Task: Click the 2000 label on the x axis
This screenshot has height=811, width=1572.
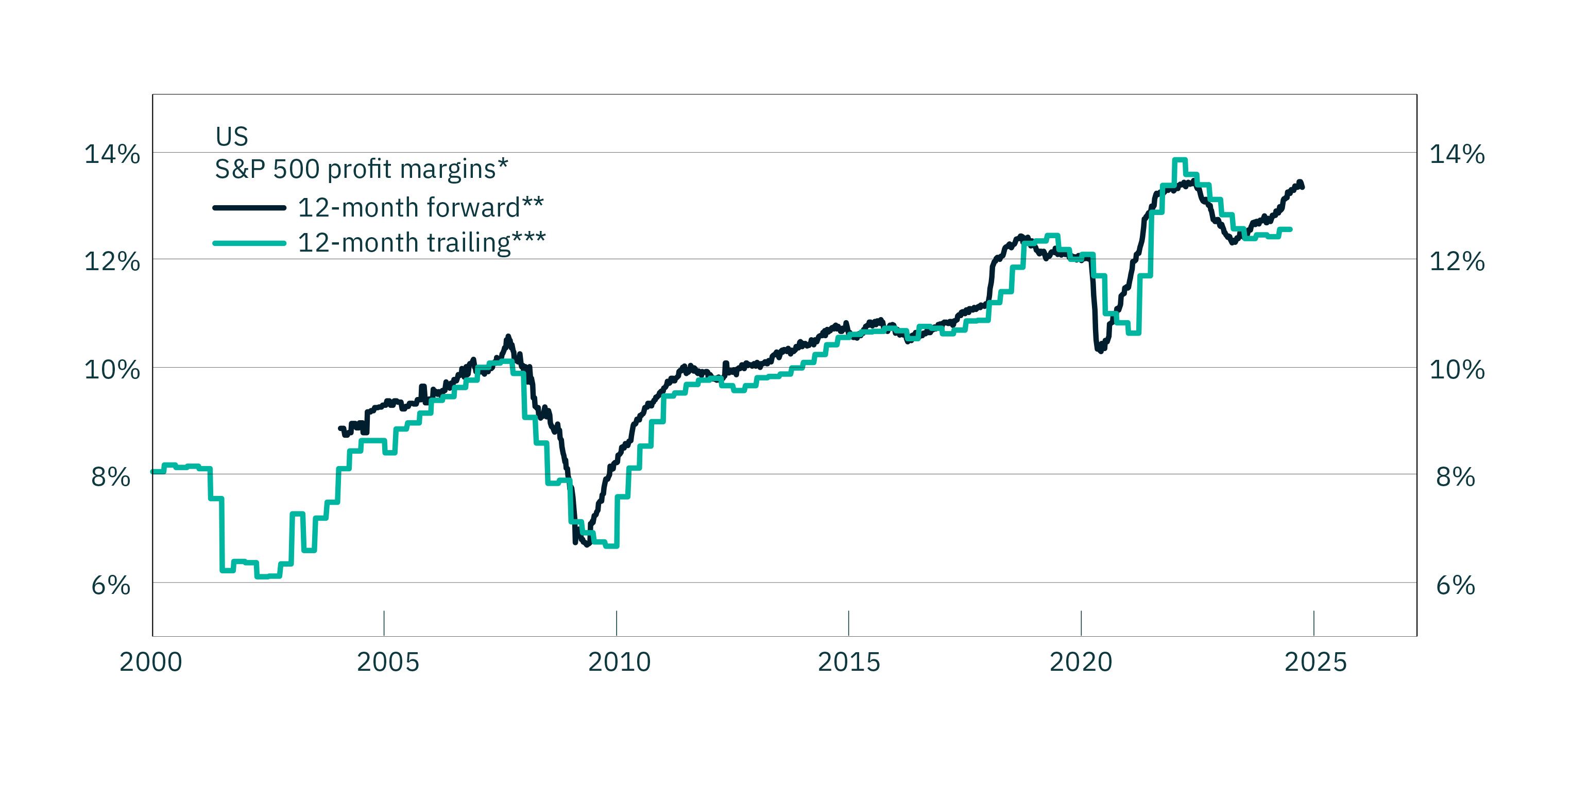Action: click(x=151, y=662)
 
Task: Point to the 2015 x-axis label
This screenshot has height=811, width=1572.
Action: click(x=849, y=662)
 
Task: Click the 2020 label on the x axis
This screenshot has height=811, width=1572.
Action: click(x=1081, y=662)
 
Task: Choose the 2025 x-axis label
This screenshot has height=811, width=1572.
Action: click(x=1315, y=662)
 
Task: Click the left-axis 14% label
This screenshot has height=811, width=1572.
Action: click(x=112, y=155)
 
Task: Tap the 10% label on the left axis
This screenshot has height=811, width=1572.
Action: click(x=112, y=370)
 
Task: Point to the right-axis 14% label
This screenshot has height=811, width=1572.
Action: click(x=1457, y=155)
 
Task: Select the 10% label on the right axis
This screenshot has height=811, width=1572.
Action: click(x=1457, y=370)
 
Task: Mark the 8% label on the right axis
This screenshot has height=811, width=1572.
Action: click(x=1456, y=476)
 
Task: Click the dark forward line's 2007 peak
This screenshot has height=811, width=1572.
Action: click(x=508, y=337)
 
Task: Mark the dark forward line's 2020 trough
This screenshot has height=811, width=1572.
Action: click(x=1101, y=351)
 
